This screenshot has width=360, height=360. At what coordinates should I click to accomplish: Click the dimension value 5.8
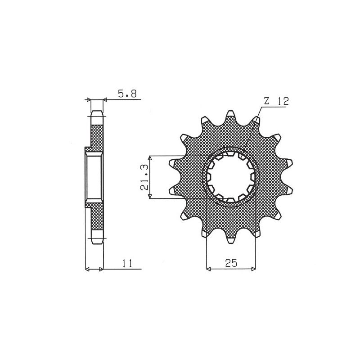coord(127,94)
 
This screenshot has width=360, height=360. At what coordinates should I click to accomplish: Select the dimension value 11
coord(127,263)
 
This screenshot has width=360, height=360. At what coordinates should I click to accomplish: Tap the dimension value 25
coord(231,263)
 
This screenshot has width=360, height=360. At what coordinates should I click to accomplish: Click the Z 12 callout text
coord(276,101)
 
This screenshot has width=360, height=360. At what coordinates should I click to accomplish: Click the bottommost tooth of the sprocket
coord(231,238)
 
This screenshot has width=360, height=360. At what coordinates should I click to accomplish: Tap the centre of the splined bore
coord(231,177)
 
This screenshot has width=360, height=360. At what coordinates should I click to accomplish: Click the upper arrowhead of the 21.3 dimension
coord(150,158)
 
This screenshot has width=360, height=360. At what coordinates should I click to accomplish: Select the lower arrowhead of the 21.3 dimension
coord(150,196)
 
